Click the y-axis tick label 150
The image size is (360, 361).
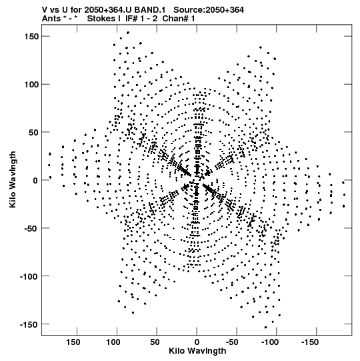(31, 37)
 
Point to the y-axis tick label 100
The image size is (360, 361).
(31, 85)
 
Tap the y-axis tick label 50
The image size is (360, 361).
(33, 132)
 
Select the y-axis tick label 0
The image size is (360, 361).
(35, 180)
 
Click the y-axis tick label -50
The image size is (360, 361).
(31, 228)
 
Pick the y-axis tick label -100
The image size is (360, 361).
(29, 276)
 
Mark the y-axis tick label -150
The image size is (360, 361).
(29, 324)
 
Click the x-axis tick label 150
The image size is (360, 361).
(73, 342)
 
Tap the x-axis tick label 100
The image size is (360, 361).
(113, 342)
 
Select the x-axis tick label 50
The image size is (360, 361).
(155, 342)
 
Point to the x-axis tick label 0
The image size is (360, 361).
(197, 342)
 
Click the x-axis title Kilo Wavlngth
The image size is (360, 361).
(197, 351)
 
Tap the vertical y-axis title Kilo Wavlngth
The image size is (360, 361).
(13, 179)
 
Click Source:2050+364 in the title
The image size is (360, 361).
(209, 10)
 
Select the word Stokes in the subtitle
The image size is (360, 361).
(101, 19)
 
